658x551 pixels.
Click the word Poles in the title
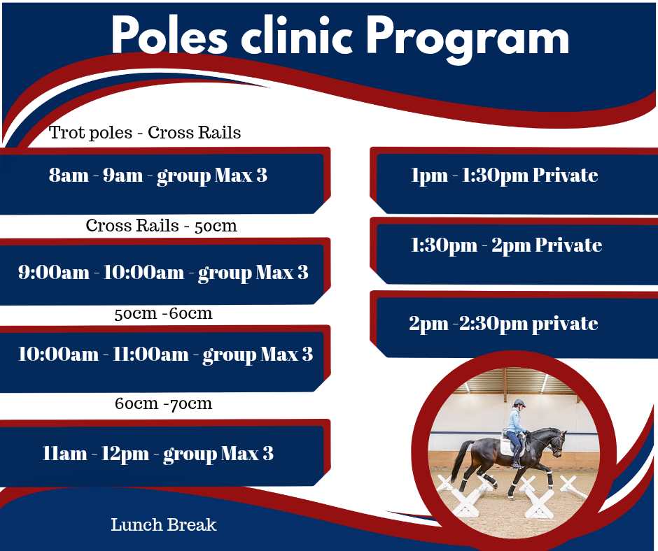click(x=169, y=35)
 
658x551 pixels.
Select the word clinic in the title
click(x=297, y=35)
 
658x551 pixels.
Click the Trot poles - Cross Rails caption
click(x=145, y=133)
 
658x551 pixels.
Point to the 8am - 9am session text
click(x=157, y=176)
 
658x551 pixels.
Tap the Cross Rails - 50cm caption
click(x=162, y=226)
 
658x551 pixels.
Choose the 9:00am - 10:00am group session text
click(x=163, y=273)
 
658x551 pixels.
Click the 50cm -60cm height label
click(x=163, y=313)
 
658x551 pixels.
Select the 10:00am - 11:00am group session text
click(x=165, y=355)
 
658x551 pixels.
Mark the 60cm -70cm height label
click(x=163, y=403)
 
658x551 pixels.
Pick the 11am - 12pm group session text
click(x=157, y=454)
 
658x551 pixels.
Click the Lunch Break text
click(x=164, y=524)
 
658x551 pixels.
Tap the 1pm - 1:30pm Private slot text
click(x=505, y=176)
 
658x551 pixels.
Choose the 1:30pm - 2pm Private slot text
click(x=507, y=245)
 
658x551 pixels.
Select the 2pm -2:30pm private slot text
click(x=503, y=324)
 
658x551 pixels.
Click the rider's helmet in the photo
click(x=519, y=403)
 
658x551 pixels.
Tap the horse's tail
click(x=458, y=460)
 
